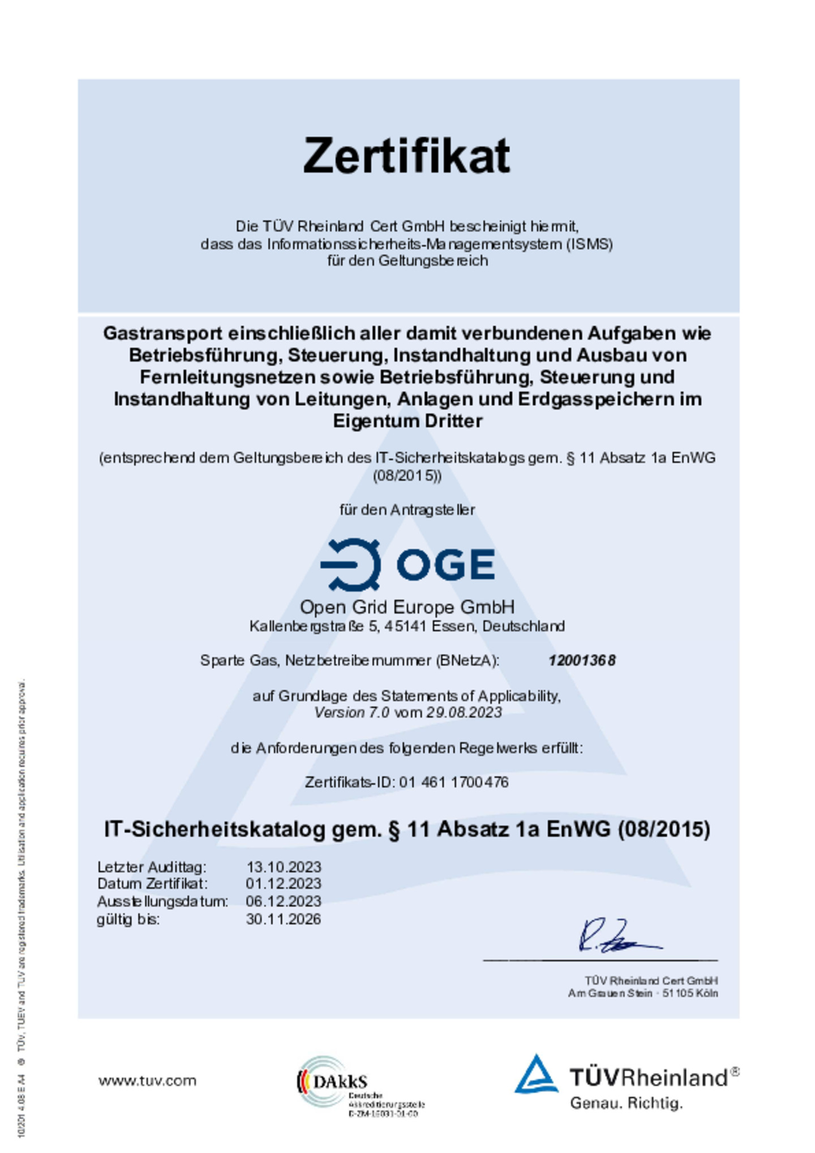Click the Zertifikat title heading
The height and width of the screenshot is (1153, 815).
(x=406, y=156)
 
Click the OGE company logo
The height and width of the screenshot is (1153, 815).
(x=407, y=564)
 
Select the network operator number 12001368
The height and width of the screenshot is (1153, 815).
(x=581, y=660)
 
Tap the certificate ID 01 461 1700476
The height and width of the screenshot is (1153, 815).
(x=453, y=782)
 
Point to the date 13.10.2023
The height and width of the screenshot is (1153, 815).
(x=283, y=867)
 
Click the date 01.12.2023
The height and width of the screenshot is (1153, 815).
(x=283, y=884)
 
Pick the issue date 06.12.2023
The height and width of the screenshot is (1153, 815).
(x=283, y=901)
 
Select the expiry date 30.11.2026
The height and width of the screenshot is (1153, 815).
(x=283, y=919)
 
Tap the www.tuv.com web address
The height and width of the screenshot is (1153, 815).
(x=147, y=1081)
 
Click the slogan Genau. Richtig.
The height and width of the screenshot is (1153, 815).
(x=626, y=1103)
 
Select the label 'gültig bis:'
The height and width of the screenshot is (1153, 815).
(x=128, y=919)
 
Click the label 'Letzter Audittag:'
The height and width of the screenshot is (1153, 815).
(x=152, y=867)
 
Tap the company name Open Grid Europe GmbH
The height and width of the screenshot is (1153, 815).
(x=407, y=607)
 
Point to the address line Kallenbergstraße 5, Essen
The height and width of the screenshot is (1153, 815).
(x=407, y=626)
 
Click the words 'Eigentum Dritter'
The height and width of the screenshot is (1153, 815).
(x=407, y=421)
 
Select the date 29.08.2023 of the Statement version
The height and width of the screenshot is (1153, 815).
(x=464, y=712)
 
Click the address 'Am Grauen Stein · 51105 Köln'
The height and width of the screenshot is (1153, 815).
(x=643, y=993)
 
